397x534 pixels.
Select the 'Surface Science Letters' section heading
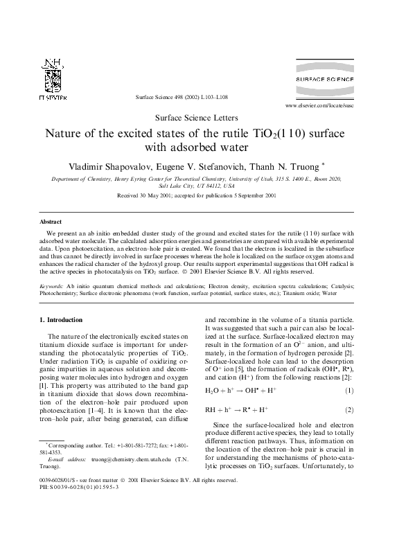coord(197,118)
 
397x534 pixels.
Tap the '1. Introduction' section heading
coord(61,319)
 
